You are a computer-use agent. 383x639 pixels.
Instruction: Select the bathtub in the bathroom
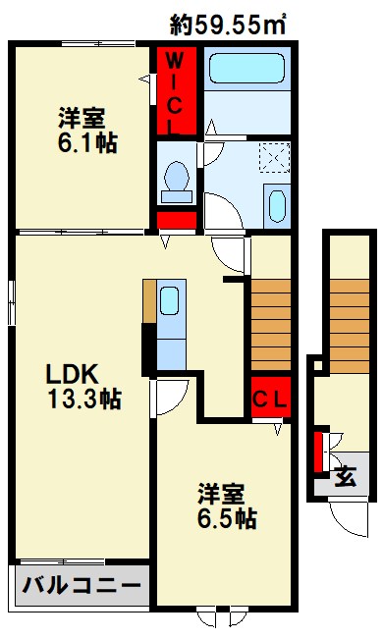click(x=245, y=71)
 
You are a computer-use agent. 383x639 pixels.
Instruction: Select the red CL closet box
click(x=268, y=399)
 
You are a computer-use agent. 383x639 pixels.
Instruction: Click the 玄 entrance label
click(x=345, y=478)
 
